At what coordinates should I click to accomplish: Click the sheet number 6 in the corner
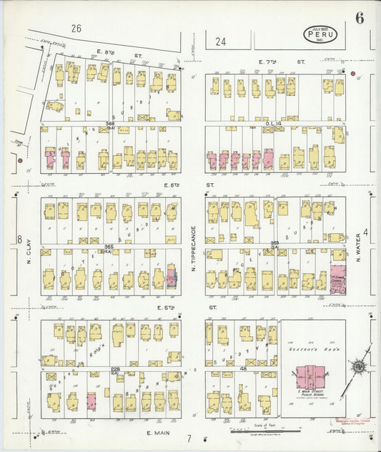359,18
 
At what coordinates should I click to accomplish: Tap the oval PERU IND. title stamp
320,33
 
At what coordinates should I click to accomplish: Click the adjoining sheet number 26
76,29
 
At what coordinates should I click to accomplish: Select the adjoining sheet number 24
221,41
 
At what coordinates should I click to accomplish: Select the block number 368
110,124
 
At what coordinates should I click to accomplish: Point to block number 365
110,245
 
